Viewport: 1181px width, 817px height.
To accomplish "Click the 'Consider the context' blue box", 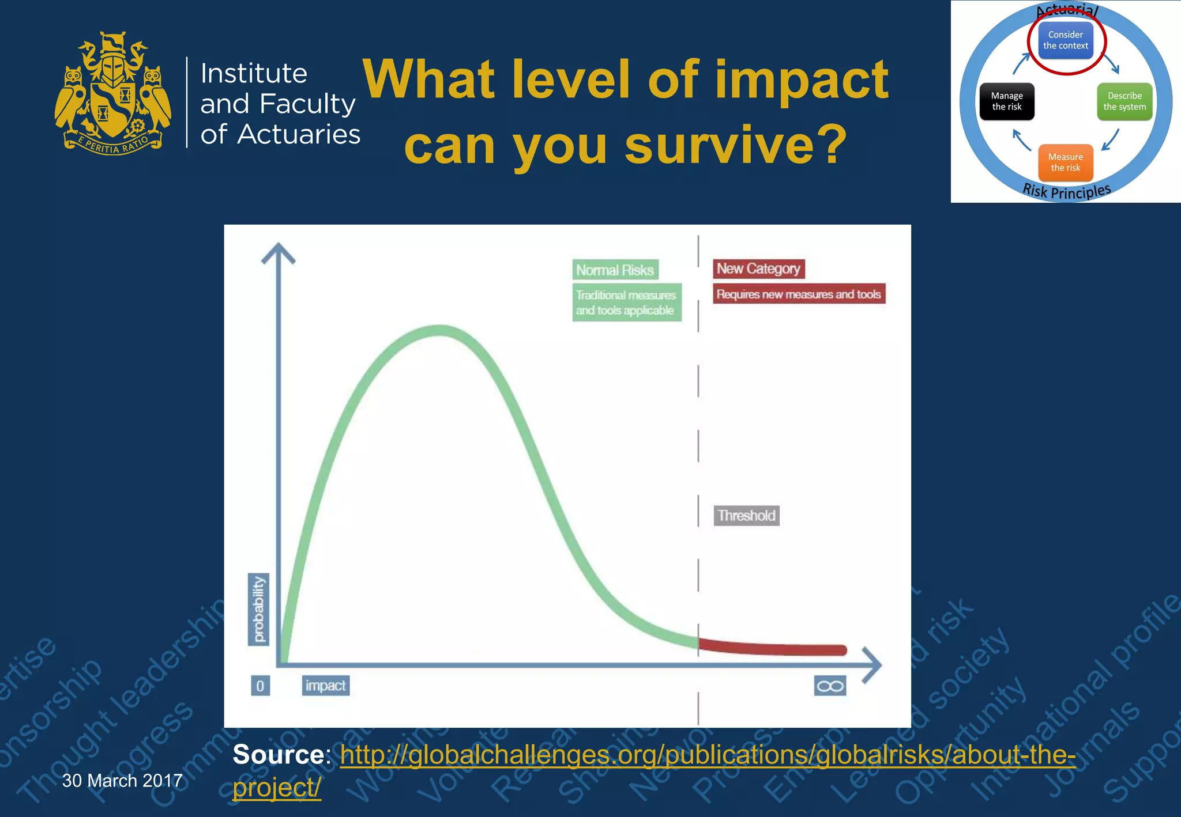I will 1065,40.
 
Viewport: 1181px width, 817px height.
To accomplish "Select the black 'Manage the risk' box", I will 1007,101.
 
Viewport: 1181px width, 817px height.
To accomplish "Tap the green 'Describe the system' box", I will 1124,101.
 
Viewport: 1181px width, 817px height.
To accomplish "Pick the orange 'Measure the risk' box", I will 1065,162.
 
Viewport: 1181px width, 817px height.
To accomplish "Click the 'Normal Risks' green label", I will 615,270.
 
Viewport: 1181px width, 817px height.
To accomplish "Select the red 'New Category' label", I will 758,268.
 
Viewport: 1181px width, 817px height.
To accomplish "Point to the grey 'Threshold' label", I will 746,515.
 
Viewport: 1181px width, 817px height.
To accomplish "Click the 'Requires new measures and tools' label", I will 799,294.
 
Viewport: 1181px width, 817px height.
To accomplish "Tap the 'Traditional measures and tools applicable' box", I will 626,302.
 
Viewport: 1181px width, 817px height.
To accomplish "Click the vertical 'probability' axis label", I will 258,610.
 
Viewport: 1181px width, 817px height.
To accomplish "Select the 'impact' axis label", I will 325,686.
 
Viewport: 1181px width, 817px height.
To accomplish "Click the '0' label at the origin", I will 260,686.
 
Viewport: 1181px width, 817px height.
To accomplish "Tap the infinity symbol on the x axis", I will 830,686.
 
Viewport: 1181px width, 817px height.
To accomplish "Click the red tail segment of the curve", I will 773,649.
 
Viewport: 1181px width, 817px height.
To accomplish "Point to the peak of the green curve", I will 439,330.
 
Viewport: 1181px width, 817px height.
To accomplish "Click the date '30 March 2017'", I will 122,781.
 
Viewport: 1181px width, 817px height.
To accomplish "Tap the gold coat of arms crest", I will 113,93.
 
